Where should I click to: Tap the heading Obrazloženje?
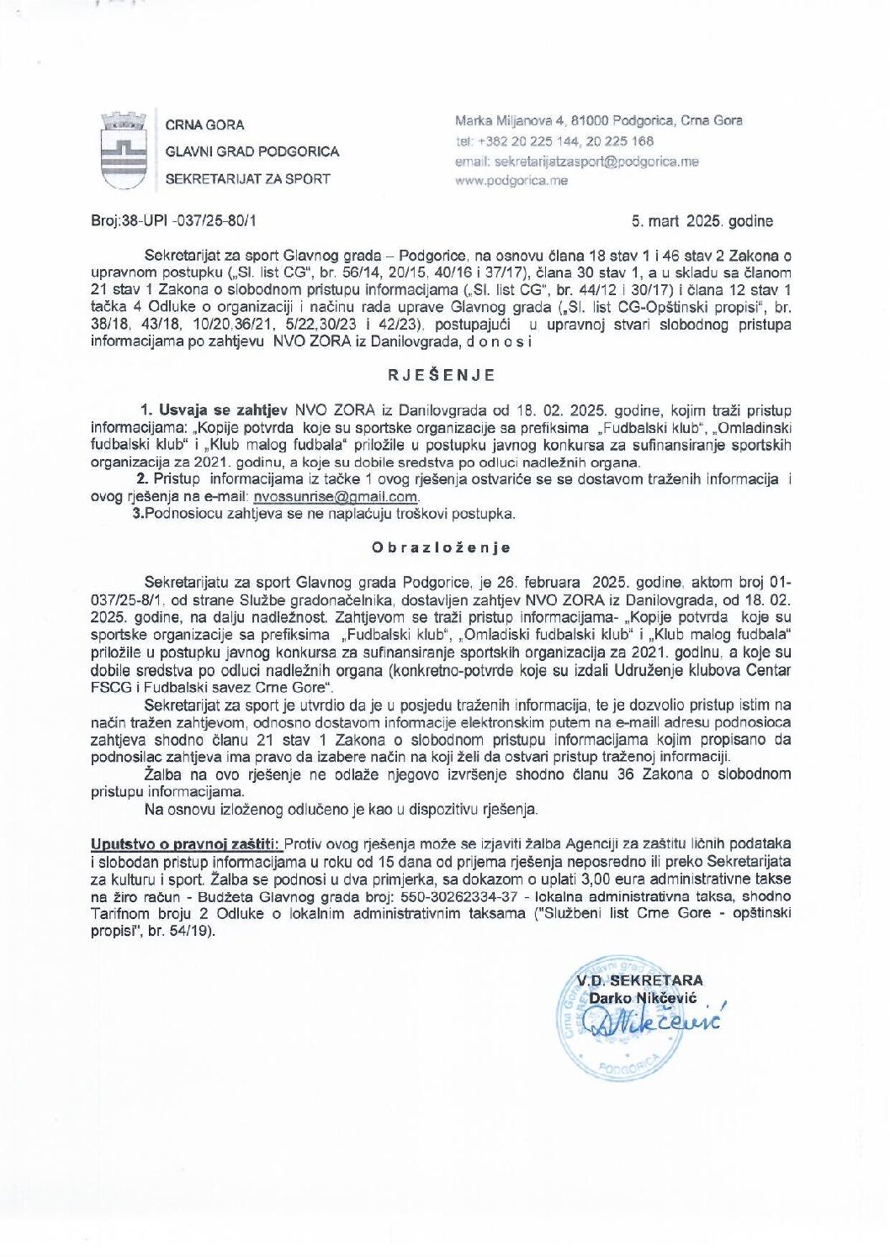pos(442,547)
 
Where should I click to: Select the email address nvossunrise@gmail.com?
pos(336,496)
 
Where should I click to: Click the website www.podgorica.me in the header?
pos(511,180)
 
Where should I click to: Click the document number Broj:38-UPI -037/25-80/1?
pos(173,221)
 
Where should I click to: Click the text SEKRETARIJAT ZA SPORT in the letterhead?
pos(247,178)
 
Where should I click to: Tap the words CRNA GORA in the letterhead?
pos(204,124)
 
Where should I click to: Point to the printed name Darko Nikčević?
pos(641,998)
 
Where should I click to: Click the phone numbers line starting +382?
pos(554,141)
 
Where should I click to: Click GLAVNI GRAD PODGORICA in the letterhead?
pos(252,151)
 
